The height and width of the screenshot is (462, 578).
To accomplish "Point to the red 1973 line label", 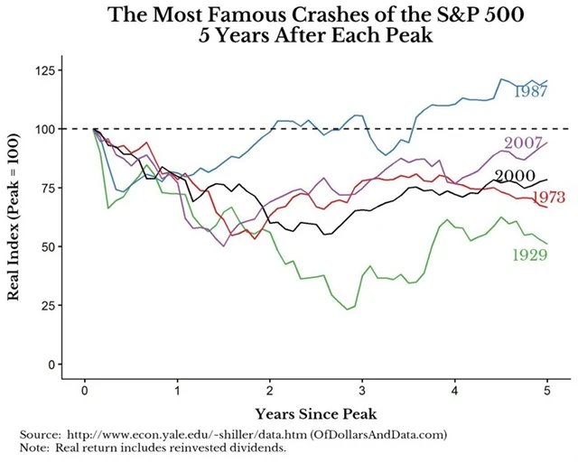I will click(x=551, y=198).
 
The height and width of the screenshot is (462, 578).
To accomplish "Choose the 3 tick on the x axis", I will click(x=362, y=392).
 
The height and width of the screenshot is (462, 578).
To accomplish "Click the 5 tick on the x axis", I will click(x=547, y=392).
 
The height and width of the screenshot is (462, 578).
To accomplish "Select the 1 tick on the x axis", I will click(x=177, y=392).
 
